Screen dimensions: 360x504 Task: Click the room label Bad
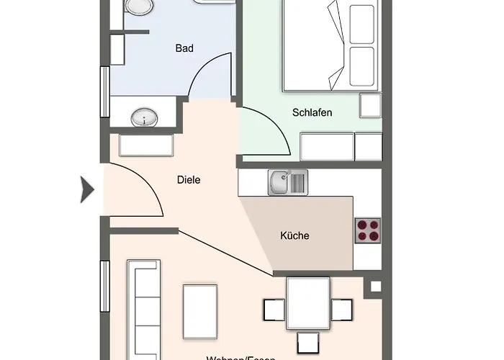coord(185,49)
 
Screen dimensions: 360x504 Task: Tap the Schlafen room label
coord(312,112)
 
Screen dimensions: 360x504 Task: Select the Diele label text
coord(188,181)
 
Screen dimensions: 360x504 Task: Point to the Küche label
coord(294,235)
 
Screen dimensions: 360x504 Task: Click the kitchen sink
coord(288,182)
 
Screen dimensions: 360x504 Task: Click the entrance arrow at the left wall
coord(87,190)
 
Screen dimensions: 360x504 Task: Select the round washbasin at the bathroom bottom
coord(146,117)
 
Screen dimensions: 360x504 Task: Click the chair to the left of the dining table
coord(273,310)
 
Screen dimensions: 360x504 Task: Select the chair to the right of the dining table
coord(343,310)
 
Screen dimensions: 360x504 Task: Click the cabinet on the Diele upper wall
coord(147,145)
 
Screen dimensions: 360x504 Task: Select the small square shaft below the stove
coord(374,287)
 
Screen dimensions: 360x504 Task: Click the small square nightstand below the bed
coord(370,106)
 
